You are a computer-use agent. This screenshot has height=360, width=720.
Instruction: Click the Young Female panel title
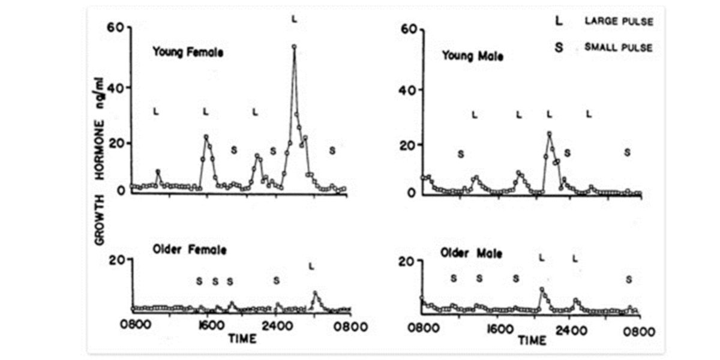(x=187, y=52)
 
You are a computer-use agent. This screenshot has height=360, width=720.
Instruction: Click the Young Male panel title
(x=472, y=56)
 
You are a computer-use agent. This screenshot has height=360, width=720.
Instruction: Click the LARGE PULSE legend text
(x=619, y=22)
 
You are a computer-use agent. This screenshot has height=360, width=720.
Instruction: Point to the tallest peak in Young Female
(x=294, y=46)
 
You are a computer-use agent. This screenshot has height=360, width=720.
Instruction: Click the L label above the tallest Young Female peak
(x=294, y=19)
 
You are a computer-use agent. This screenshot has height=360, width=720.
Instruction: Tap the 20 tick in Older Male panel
(x=407, y=262)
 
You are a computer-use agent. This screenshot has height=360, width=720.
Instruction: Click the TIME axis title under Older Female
(x=242, y=338)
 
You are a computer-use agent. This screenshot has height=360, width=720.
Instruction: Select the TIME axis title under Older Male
(x=532, y=341)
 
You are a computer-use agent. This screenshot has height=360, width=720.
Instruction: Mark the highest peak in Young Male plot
(x=548, y=134)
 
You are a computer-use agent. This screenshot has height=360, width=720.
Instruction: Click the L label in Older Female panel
(x=311, y=266)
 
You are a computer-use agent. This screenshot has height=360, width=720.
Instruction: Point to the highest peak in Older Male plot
(x=541, y=289)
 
